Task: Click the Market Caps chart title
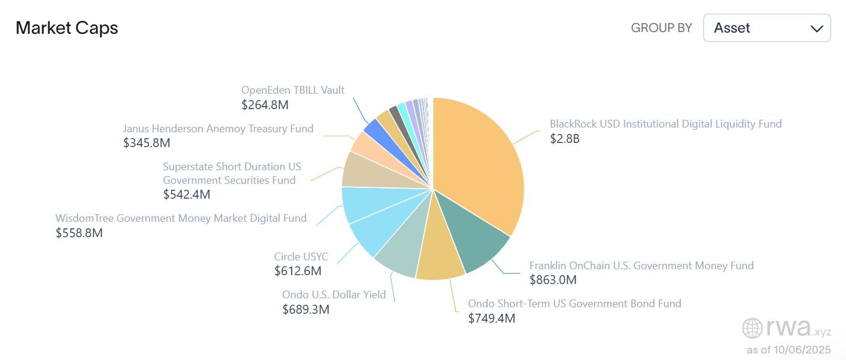pos(66,28)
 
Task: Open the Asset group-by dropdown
pos(767,28)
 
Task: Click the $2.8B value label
pos(564,139)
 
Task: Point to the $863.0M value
pos(553,280)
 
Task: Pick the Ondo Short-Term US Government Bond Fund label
pos(574,304)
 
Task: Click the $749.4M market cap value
pos(491,318)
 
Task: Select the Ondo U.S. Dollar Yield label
pos(334,295)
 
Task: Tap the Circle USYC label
pos(301,257)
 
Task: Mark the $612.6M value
pos(298,272)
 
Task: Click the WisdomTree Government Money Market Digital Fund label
pos(181,218)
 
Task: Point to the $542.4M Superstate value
pos(187,195)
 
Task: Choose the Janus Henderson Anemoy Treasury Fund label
pos(218,129)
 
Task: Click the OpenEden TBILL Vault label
pos(292,90)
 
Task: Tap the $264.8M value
pos(265,105)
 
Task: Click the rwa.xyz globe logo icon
pos(752,328)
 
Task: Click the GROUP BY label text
pos(661,28)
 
